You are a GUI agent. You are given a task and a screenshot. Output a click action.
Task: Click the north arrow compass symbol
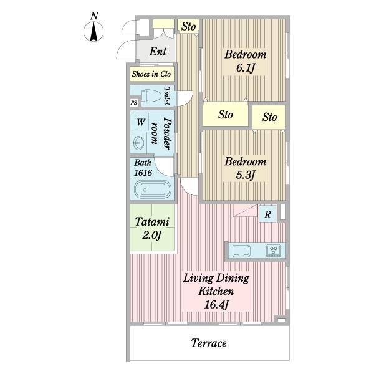tap(93, 31)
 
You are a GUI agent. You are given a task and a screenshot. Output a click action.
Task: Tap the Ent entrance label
tap(158, 51)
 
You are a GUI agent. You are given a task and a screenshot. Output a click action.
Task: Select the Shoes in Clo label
tap(151, 74)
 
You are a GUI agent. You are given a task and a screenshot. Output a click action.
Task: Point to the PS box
tap(134, 103)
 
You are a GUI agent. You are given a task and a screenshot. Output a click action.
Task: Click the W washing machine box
tap(140, 122)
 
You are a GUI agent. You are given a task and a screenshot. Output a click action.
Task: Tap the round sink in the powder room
tap(138, 143)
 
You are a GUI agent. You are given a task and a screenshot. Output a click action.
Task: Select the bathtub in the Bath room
tap(153, 189)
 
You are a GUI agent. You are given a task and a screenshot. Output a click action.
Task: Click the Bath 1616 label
tap(143, 168)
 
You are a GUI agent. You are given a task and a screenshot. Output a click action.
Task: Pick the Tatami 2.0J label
tap(152, 228)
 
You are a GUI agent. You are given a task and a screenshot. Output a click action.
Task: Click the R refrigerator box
tap(267, 214)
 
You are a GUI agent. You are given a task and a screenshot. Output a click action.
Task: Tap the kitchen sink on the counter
tap(241, 251)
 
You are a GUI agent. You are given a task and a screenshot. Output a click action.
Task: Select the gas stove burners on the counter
tap(274, 251)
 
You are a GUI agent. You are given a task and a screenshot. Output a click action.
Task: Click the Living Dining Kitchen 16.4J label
tap(216, 291)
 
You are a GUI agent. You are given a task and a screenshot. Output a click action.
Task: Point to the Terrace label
tap(209, 343)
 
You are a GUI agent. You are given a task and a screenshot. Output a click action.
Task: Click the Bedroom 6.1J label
tap(246, 61)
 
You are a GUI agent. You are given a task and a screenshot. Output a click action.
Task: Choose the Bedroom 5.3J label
tap(246, 168)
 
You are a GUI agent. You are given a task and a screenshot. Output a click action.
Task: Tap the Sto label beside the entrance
tap(188, 26)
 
